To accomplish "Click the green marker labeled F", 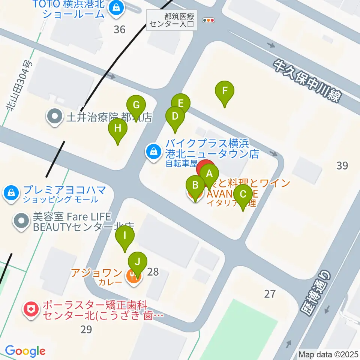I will click(225, 91).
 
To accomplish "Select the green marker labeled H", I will click(118, 129).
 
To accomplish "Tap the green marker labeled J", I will click(138, 262).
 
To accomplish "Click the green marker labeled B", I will click(195, 186).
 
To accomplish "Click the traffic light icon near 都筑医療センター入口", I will click(208, 20).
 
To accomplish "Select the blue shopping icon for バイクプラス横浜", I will click(153, 152).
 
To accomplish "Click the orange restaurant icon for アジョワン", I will click(133, 277).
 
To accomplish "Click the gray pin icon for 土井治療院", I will click(55, 117).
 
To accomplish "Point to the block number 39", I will click(342, 165).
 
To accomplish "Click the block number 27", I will click(270, 294).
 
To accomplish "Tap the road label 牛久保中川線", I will click(306, 80).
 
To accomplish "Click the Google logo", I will click(25, 351).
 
